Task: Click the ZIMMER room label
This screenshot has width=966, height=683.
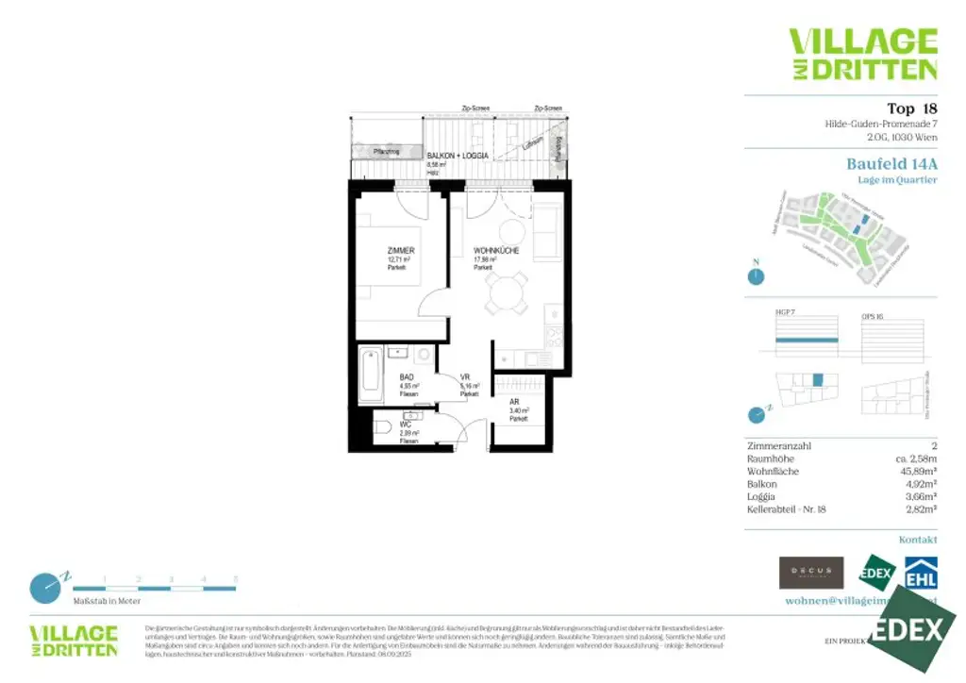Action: point(401,250)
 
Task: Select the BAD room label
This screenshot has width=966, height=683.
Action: point(407,377)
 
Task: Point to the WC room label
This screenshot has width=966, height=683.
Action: point(406,425)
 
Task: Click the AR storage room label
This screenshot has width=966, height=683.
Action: point(514,401)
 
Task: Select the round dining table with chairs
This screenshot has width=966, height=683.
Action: point(507,293)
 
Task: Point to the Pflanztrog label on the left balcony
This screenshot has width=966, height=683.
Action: point(386,151)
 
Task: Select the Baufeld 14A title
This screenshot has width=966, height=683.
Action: point(891,163)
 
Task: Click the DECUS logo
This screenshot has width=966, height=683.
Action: point(810,571)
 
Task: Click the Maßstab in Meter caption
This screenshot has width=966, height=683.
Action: point(107,600)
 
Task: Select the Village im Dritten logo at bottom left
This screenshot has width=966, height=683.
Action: point(74,641)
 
